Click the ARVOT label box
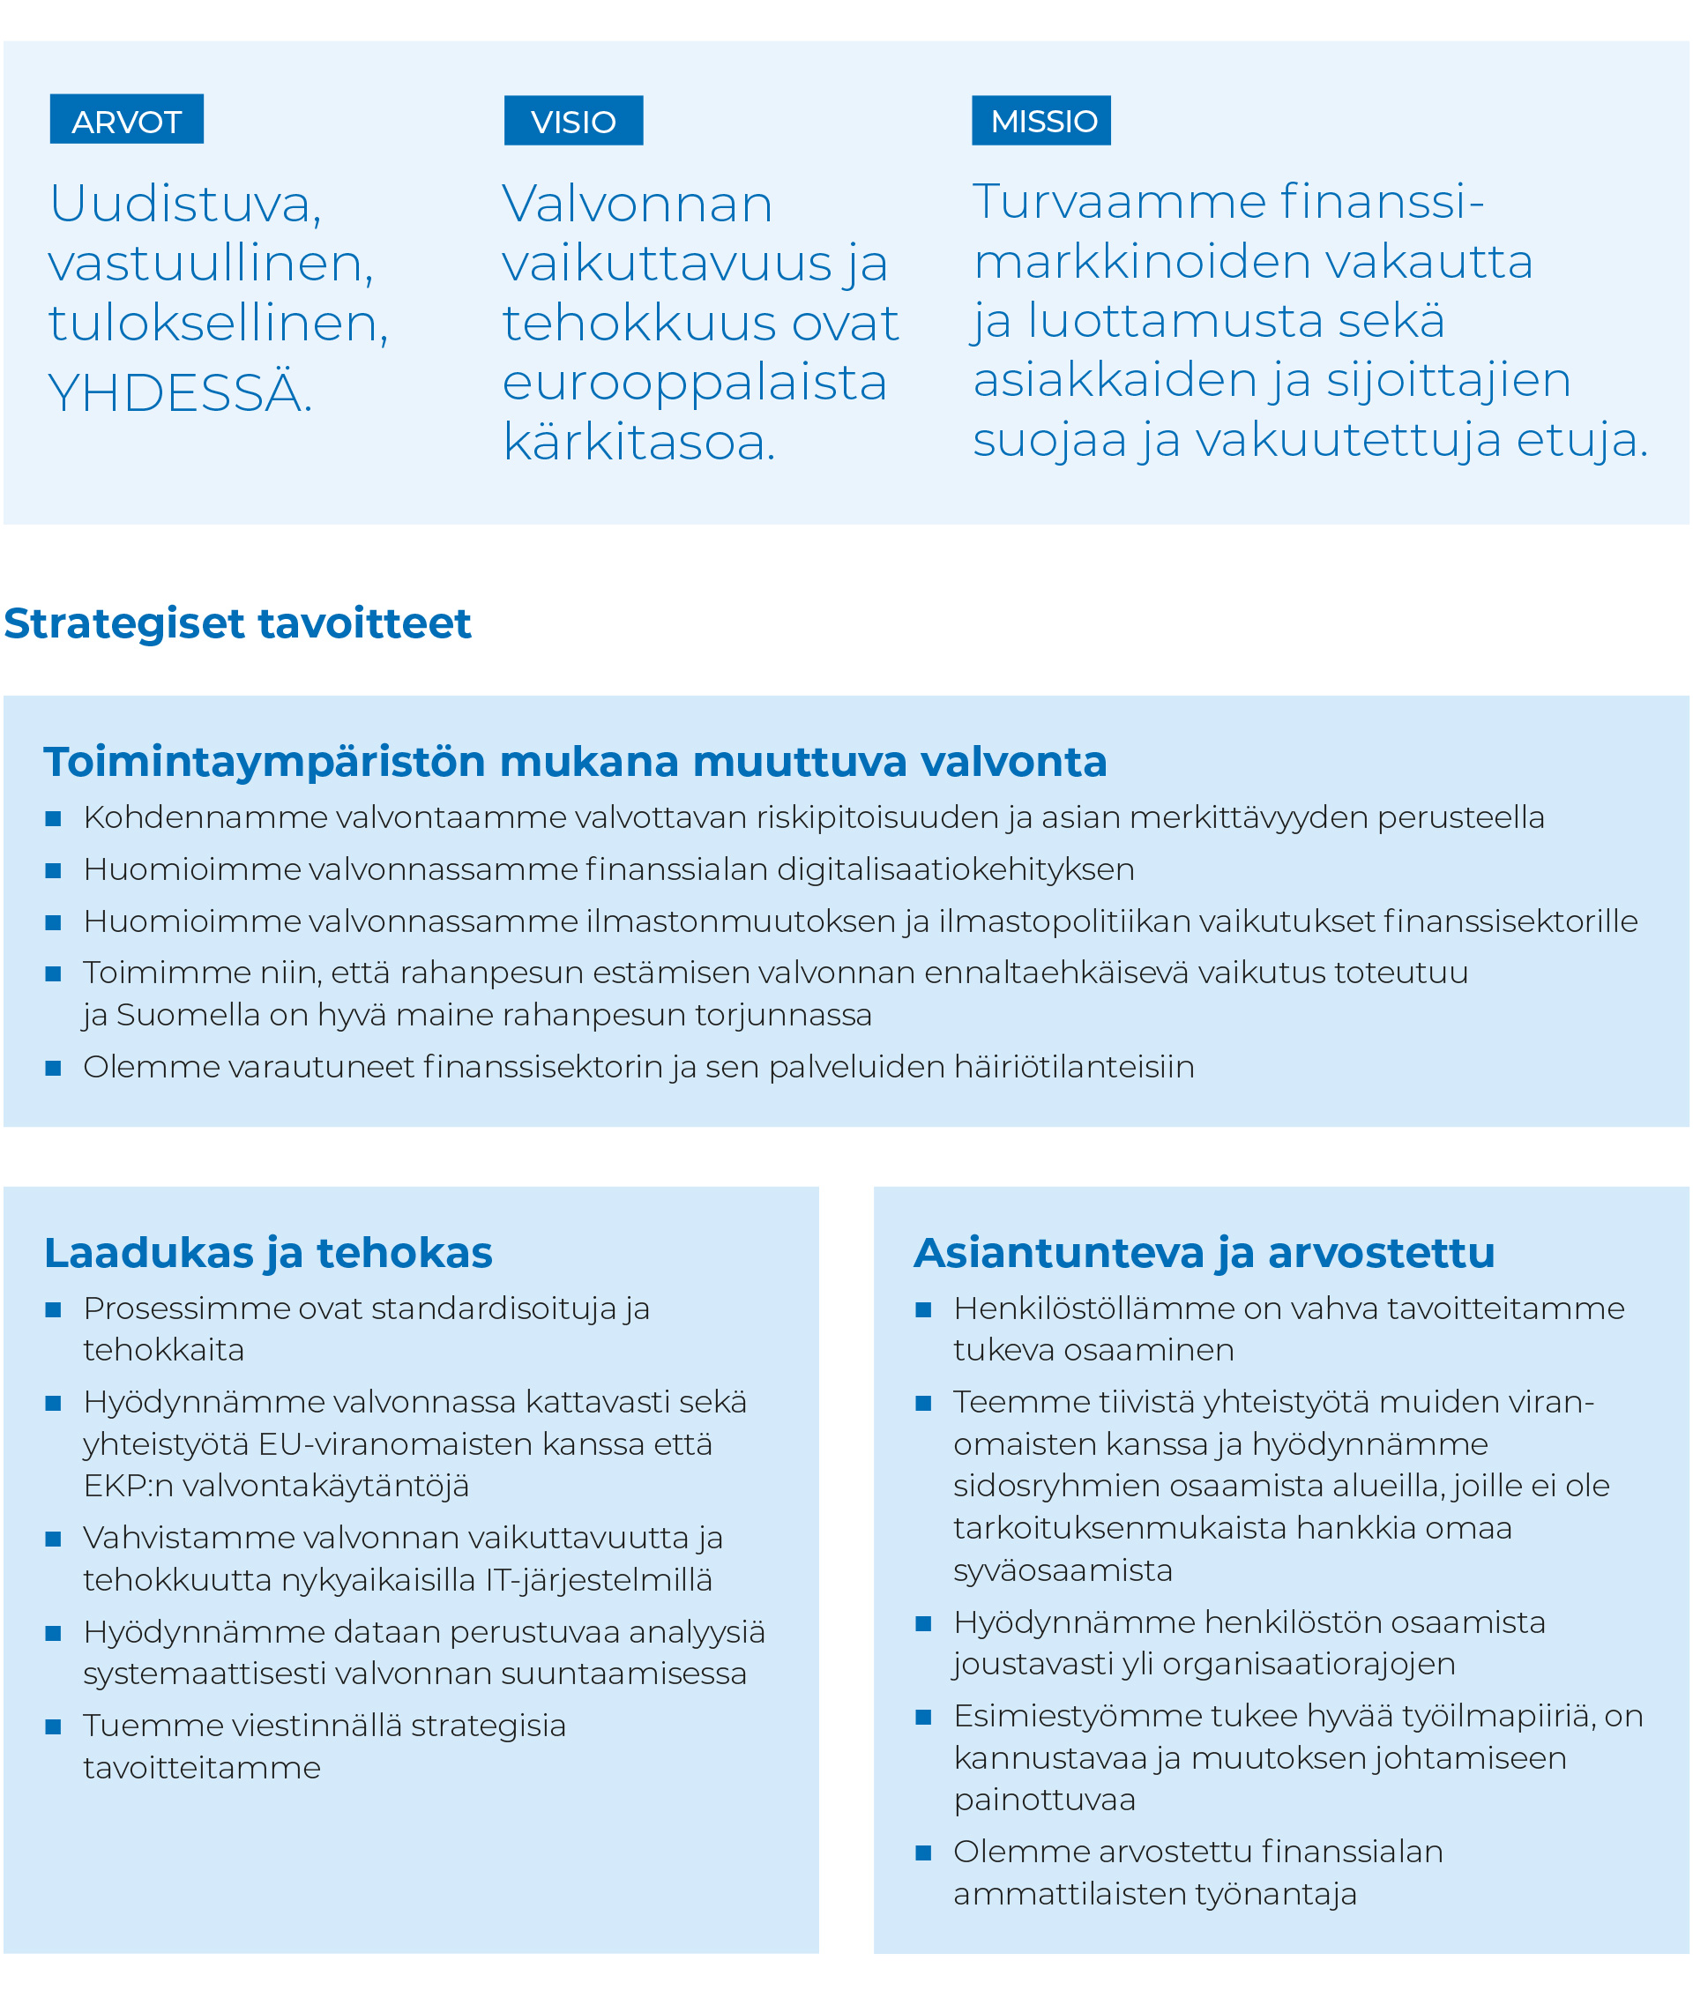click(x=126, y=120)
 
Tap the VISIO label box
click(x=573, y=121)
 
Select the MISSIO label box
click(x=1040, y=121)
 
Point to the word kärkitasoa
click(x=638, y=443)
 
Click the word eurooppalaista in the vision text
click(x=694, y=383)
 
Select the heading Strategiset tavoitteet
click(x=237, y=623)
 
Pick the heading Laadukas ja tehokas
click(x=268, y=1253)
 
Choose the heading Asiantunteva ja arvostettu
click(x=1204, y=1253)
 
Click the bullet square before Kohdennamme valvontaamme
click(x=54, y=818)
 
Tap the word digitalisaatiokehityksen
click(x=955, y=869)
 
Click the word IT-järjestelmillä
click(x=599, y=1580)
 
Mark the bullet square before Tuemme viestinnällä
click(x=54, y=1727)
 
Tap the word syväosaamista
click(x=1063, y=1570)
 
